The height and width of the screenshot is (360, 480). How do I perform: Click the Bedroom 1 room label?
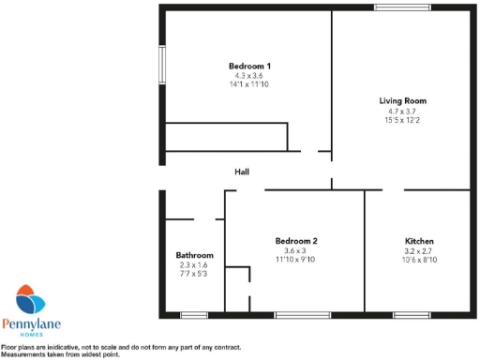point(249,66)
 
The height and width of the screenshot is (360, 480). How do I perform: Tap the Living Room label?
point(403,100)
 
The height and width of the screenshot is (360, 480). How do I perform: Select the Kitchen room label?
point(419,241)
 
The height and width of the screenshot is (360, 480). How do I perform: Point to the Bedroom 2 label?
point(295,241)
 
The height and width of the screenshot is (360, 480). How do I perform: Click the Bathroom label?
point(195,255)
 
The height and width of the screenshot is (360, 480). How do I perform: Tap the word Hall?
point(242,172)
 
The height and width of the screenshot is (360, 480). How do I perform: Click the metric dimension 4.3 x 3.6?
point(249,75)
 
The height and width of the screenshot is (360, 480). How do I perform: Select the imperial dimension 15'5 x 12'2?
point(403,119)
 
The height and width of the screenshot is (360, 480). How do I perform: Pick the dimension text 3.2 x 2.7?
point(419,250)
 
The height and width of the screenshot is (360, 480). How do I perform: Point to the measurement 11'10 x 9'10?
point(295,260)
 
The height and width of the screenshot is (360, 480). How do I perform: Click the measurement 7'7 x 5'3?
point(195,274)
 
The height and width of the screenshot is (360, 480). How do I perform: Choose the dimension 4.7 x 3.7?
point(403,110)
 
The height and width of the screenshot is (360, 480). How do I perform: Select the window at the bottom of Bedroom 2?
point(302,313)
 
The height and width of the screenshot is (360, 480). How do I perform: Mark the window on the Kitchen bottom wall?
point(412,313)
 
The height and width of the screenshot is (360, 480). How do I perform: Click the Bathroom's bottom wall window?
point(194,313)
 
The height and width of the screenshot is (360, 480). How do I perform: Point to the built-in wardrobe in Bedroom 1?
point(225,137)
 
